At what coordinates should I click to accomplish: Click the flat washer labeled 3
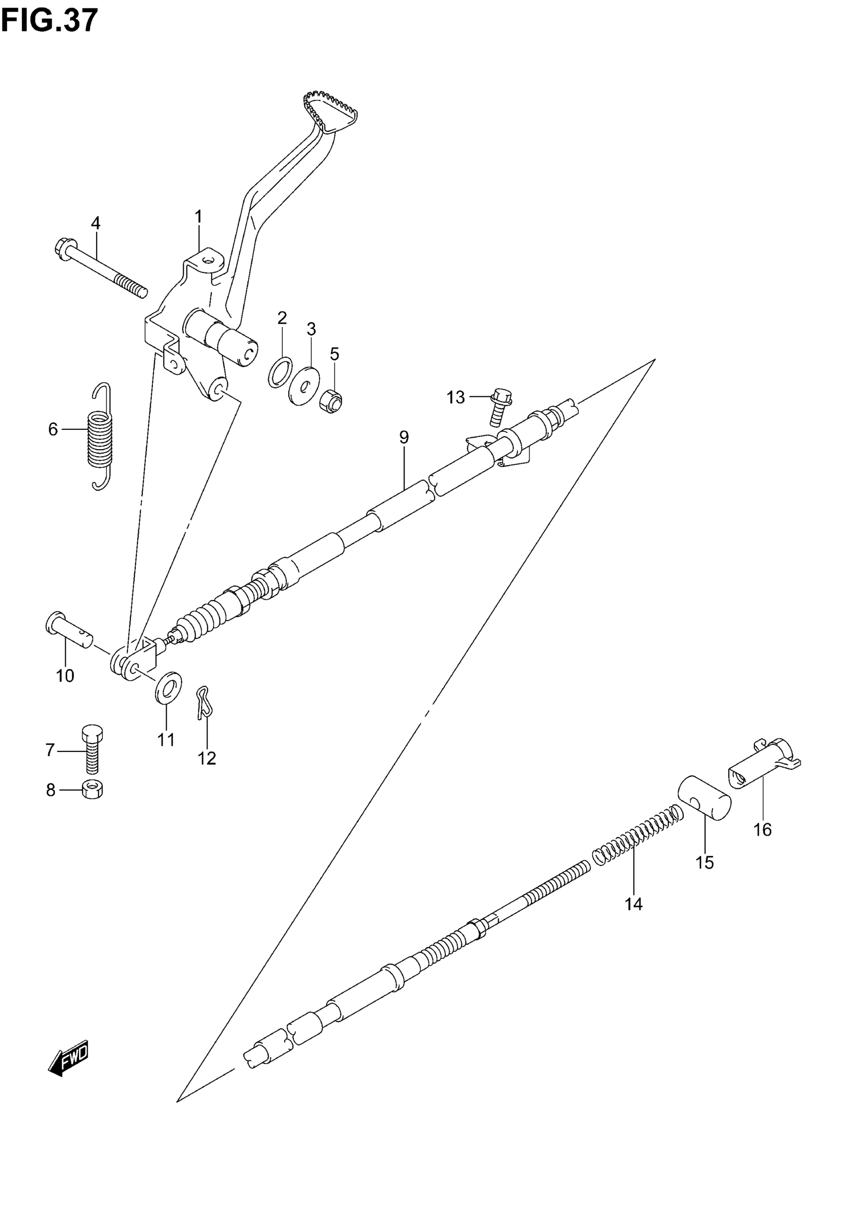pyautogui.click(x=304, y=385)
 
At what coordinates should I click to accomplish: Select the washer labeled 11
pyautogui.click(x=169, y=688)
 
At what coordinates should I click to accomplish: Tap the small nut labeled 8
pyautogui.click(x=93, y=790)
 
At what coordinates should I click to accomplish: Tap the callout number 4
pyautogui.click(x=96, y=223)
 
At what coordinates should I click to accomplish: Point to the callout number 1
pyautogui.click(x=198, y=216)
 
